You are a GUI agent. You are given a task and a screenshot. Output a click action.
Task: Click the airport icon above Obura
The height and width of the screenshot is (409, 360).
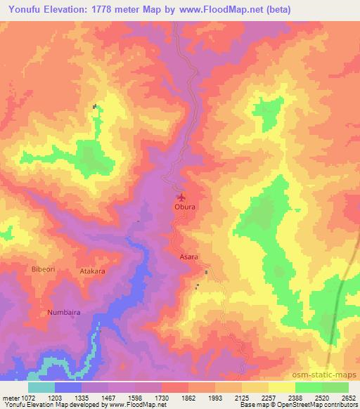pos(183,197)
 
